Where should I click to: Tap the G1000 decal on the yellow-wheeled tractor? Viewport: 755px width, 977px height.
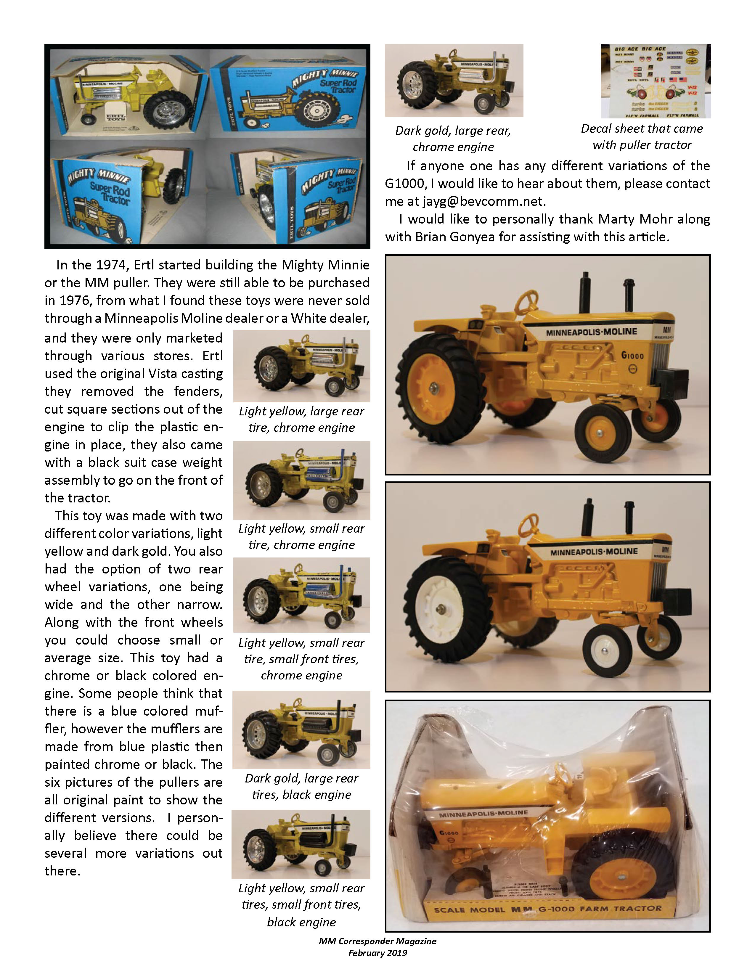[632, 356]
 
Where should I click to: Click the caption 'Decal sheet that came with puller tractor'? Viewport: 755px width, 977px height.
[642, 136]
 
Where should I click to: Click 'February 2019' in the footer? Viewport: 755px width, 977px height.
[377, 953]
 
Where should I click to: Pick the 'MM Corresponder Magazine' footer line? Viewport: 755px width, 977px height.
[377, 941]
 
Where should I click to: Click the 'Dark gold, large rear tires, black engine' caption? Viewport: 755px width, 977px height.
[301, 786]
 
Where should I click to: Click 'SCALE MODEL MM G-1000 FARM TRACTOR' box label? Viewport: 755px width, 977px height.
[547, 909]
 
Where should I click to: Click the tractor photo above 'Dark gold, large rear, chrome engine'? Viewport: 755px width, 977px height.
[454, 81]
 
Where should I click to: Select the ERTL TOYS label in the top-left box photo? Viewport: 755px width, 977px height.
[115, 118]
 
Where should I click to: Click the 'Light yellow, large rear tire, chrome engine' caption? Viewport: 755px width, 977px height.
[301, 419]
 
